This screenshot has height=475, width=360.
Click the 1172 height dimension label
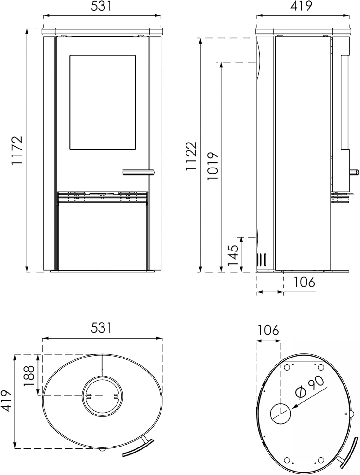point(17,150)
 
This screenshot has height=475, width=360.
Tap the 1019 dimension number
point(212,166)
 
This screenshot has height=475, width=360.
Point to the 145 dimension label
point(233,255)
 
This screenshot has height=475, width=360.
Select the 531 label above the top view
point(101,327)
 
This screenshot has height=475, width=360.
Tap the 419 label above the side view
point(301,6)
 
